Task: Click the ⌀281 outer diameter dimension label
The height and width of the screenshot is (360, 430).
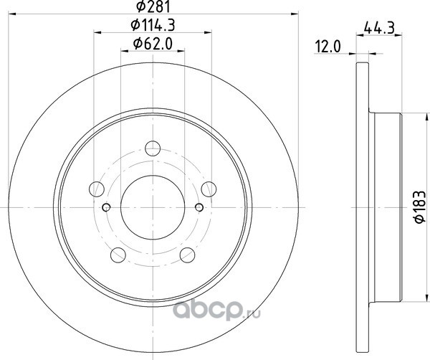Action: [x=153, y=6]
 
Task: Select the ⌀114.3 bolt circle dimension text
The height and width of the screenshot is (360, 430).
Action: [x=153, y=26]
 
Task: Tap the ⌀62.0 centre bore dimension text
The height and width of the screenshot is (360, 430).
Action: [x=153, y=44]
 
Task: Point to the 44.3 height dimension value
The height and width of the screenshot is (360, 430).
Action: [x=379, y=28]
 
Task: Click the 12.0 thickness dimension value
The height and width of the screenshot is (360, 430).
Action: [x=328, y=47]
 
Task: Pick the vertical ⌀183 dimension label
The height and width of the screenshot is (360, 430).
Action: [x=419, y=207]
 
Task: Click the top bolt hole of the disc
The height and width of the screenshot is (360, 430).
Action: [x=153, y=148]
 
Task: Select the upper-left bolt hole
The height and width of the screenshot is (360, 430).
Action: [x=97, y=189]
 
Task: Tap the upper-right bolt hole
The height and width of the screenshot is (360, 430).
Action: [x=209, y=189]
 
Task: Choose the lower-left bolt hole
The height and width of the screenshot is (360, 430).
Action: [x=118, y=255]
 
